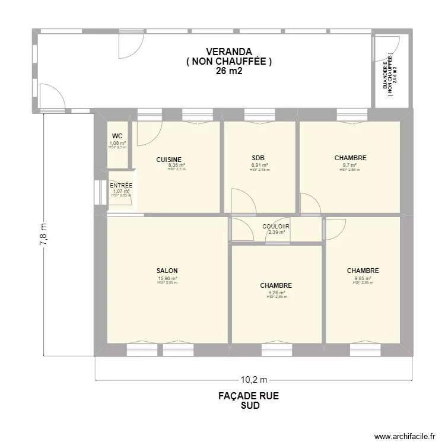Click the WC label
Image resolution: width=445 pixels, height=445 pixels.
[x=117, y=136]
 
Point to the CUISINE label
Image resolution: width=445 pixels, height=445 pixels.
[x=169, y=160]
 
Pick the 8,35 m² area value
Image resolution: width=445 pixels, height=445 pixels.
[x=176, y=166]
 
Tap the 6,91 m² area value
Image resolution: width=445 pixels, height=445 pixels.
[x=259, y=165]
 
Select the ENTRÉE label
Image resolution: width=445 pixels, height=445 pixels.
[x=121, y=186]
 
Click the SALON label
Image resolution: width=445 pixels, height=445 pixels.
[x=167, y=271]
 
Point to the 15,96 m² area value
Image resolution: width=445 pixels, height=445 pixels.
[x=167, y=278]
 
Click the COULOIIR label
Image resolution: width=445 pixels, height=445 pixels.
[x=276, y=227]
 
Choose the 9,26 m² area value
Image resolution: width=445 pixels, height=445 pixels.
[x=276, y=293]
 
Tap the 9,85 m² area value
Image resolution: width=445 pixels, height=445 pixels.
[x=363, y=278]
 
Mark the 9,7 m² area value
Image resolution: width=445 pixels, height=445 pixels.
[x=350, y=166]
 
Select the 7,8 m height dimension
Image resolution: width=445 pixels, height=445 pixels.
[x=43, y=234]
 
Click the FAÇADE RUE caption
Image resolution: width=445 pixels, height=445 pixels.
[x=249, y=396]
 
